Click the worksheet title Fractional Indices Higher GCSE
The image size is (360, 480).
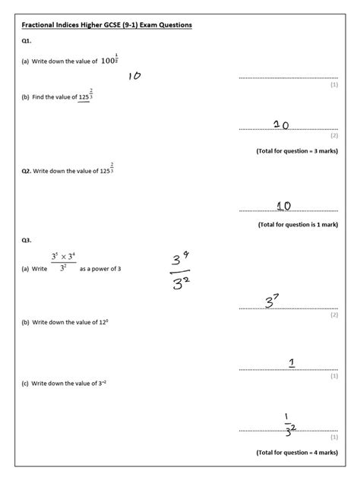106,25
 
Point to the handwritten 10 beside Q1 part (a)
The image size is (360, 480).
134,76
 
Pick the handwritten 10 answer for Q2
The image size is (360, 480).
284,205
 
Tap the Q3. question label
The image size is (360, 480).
27,241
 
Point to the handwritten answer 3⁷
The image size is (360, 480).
273,302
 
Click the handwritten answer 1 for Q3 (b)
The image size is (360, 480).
292,362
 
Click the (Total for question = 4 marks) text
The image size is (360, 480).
296,453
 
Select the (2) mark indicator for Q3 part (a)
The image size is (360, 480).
333,314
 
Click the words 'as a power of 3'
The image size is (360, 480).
101,269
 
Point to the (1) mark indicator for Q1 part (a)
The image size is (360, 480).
333,85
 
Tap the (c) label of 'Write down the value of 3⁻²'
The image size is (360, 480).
27,385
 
